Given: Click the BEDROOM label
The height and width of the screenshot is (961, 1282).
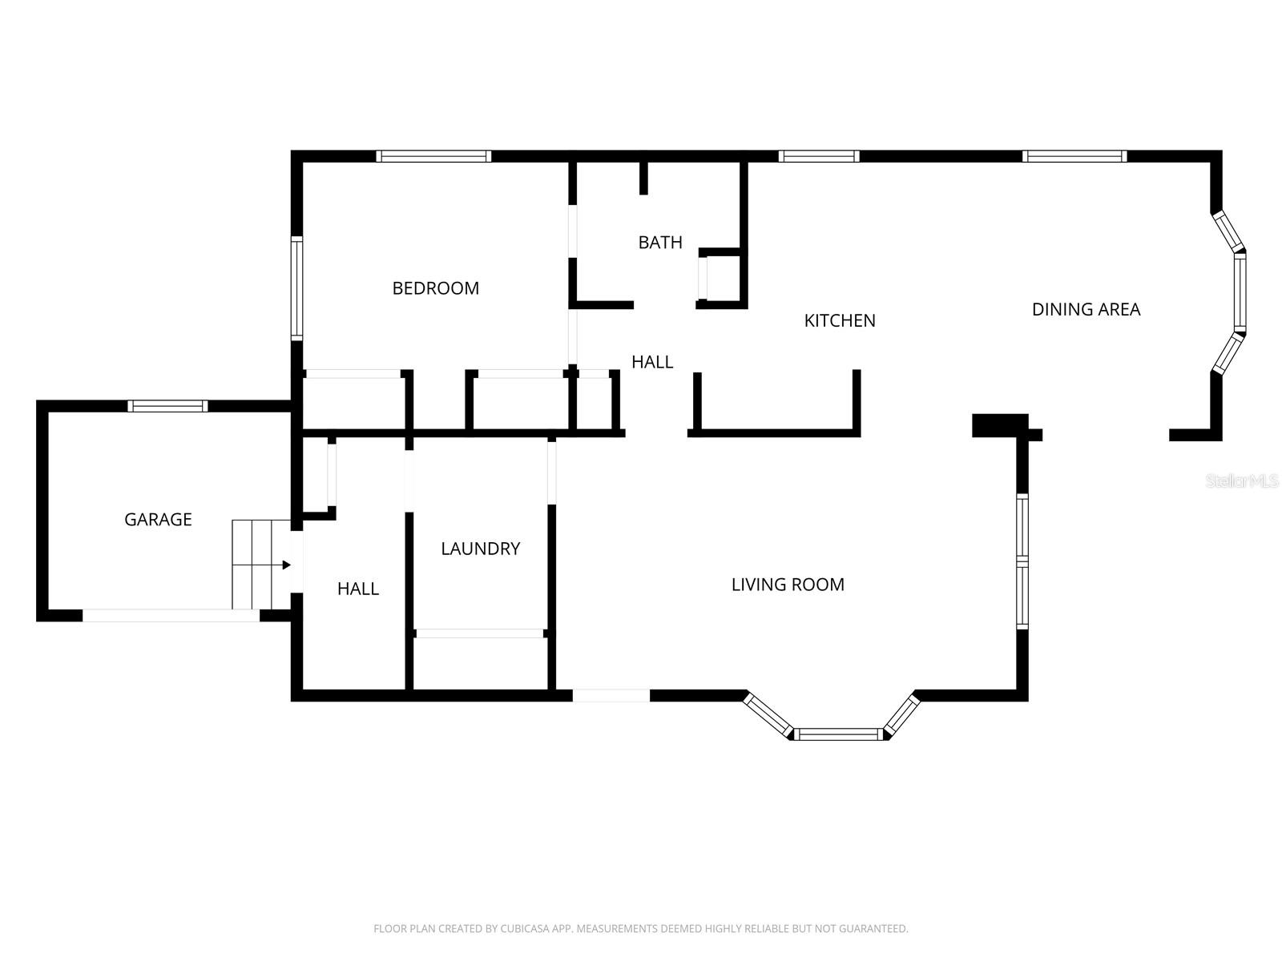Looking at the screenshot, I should coord(435,288).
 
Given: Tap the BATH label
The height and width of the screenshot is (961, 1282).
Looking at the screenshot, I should coord(660,242).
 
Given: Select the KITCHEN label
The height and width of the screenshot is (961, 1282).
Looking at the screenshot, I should coord(840,320).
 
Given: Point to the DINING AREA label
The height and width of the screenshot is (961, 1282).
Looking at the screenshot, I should coord(1086,309).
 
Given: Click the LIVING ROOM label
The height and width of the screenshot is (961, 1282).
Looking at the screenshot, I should coord(788,585).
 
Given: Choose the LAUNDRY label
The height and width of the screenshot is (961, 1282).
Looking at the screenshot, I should coord(480,549).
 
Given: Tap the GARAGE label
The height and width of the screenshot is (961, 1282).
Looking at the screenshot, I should coord(158,519).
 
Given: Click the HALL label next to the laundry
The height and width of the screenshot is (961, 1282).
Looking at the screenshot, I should coord(357,589).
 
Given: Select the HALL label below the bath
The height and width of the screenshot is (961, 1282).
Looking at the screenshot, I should coord(652,362).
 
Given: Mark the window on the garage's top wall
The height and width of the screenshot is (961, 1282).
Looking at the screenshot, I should coord(168,406).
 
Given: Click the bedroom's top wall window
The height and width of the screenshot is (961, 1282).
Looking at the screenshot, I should coord(433,156).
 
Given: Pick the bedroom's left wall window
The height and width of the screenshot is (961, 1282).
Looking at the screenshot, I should coord(296,288).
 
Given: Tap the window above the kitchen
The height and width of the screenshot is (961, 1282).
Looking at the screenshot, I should coord(818,156).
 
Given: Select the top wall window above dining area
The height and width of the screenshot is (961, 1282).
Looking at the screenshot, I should coord(1074,156).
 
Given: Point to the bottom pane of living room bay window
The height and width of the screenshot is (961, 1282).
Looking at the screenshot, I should coord(838,734).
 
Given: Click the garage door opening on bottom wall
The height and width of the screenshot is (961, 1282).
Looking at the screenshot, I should coord(171,615).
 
